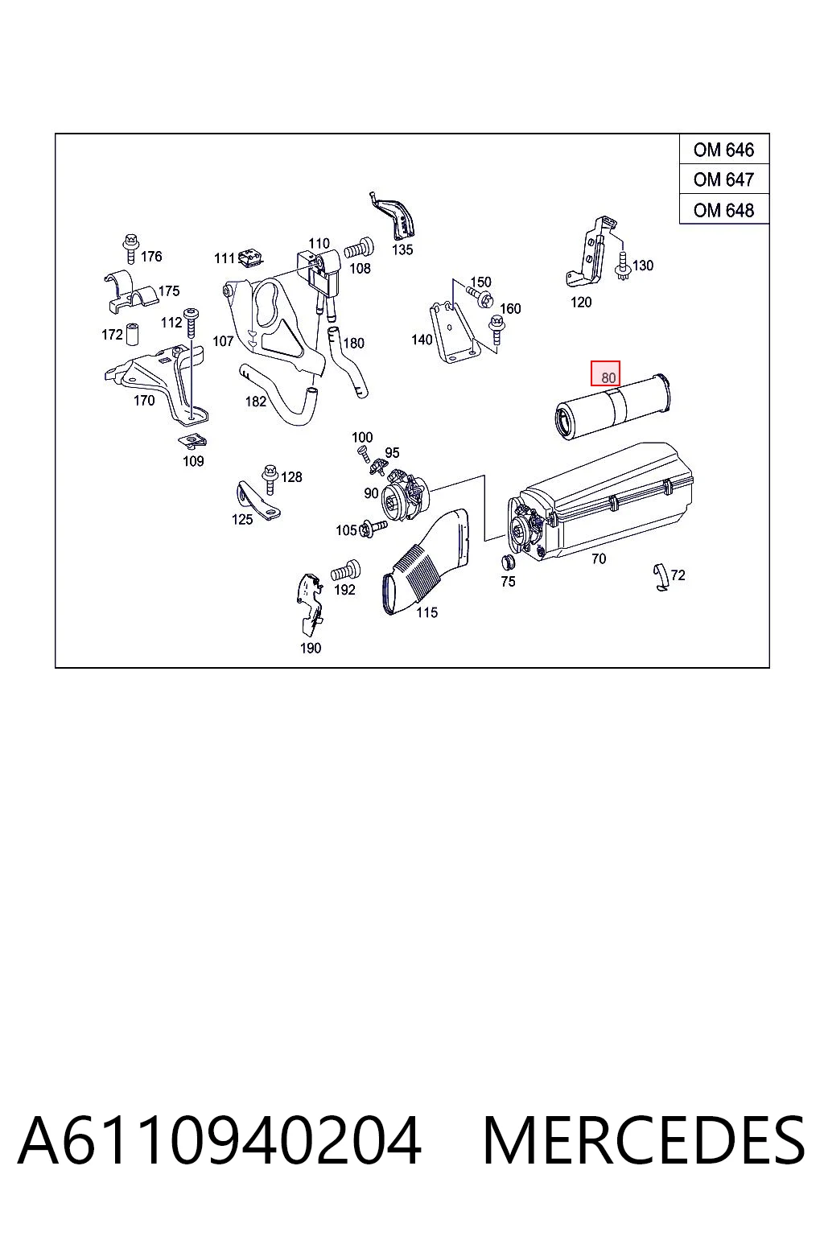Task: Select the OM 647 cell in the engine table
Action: [723, 179]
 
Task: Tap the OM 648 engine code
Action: [723, 210]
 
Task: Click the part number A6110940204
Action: [220, 1140]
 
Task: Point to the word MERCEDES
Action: [644, 1140]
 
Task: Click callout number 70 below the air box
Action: [598, 559]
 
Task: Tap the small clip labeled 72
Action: [661, 577]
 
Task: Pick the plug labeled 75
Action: [507, 562]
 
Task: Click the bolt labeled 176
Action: [131, 249]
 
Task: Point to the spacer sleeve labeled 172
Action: [132, 332]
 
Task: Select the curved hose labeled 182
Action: [278, 396]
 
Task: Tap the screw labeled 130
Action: [623, 266]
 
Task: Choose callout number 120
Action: [581, 303]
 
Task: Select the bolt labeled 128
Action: [270, 480]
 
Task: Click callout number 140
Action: [422, 340]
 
